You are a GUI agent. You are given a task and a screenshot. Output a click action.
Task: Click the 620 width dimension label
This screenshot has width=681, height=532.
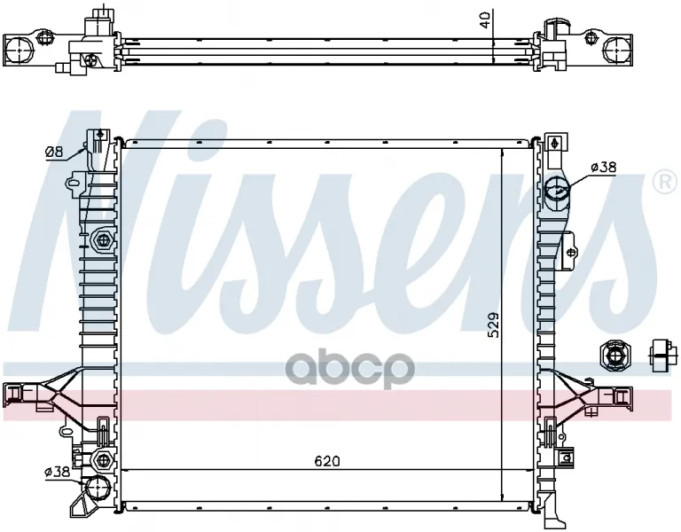coord(327,461)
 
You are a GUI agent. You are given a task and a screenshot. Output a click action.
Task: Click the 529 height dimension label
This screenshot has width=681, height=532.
coord(493,325)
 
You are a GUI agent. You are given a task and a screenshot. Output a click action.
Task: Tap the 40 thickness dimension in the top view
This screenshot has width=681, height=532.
coord(485,20)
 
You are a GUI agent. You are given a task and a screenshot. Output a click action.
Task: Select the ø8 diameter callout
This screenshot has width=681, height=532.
coord(54,152)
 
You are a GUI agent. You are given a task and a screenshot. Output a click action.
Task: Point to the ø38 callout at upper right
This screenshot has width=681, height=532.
coord(604,167)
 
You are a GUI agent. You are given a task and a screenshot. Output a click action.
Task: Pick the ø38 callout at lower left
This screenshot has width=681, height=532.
coord(57,472)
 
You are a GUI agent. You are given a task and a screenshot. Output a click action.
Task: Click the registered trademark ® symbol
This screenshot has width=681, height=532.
coord(664,183)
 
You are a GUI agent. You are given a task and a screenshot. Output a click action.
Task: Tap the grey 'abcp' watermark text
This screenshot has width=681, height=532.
coord(349,370)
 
